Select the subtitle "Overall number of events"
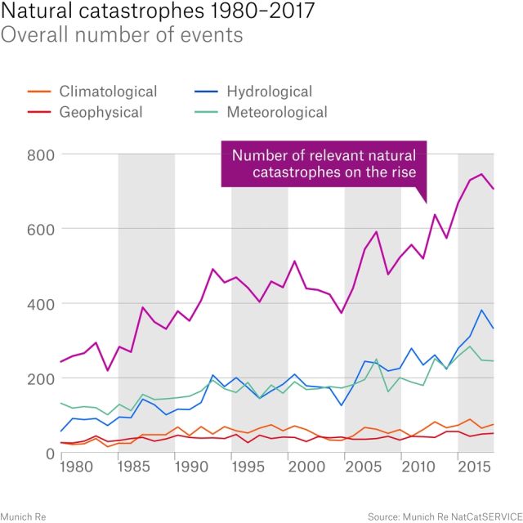[122, 36]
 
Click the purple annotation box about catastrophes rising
[324, 163]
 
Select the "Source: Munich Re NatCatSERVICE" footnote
[442, 516]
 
